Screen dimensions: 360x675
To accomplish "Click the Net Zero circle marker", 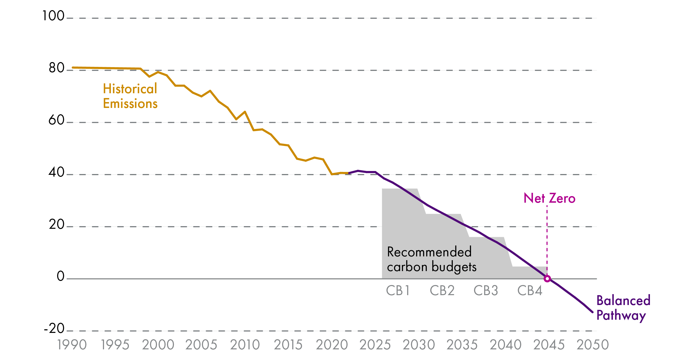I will [547, 278].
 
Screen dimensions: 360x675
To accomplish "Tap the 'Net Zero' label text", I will [549, 198].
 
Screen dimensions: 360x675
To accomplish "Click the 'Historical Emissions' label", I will [130, 96].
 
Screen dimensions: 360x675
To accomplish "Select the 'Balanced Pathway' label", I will [623, 308].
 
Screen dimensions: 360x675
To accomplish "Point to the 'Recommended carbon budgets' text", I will [431, 259].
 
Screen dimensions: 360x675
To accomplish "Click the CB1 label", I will [398, 291].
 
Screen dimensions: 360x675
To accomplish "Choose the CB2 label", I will [442, 291].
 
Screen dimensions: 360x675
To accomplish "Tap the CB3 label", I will [485, 291].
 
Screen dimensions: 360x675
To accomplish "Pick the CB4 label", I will [529, 291].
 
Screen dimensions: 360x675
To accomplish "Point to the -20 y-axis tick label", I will [54, 328].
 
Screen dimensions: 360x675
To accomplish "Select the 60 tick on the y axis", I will [56, 120].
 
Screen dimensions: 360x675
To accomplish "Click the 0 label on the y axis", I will [60, 276].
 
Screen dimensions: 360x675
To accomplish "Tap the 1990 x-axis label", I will [72, 345].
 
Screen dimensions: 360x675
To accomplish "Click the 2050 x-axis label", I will [592, 345].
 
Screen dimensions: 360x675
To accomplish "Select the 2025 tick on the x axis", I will [375, 345].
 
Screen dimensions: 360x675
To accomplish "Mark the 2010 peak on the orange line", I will [245, 112].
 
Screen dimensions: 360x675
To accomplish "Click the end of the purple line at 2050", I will [592, 312].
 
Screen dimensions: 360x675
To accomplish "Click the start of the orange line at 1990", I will [73, 67].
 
